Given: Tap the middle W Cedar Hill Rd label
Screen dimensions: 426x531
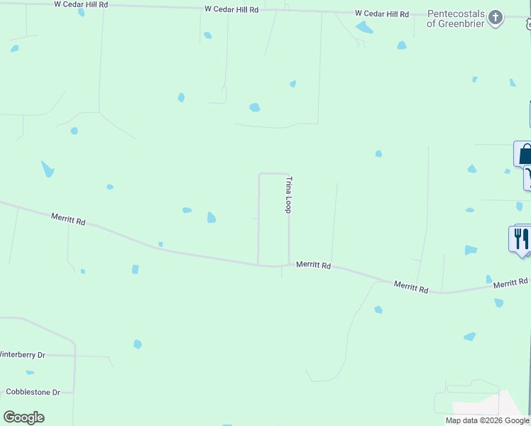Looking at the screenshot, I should click(231, 9).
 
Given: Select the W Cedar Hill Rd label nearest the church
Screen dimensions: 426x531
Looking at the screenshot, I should click(382, 13).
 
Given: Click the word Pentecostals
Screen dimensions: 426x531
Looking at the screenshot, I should click(457, 13).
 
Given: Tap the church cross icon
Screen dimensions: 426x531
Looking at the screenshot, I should click(496, 17).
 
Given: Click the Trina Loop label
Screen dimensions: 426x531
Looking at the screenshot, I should click(288, 195).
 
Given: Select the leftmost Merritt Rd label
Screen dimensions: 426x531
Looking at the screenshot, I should click(68, 219).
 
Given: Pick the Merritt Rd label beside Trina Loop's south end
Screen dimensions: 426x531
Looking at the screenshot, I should click(314, 266).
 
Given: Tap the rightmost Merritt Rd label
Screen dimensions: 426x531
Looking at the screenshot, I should click(511, 283).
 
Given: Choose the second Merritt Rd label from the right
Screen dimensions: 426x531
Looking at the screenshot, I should click(412, 287).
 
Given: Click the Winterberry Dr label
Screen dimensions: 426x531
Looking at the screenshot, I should click(21, 354).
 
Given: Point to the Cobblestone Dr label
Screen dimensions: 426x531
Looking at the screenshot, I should click(33, 392).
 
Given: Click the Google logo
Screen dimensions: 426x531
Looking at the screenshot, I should click(23, 417).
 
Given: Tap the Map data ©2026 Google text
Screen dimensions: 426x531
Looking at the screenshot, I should click(487, 420).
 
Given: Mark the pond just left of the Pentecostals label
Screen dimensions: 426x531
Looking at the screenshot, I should click(402, 45).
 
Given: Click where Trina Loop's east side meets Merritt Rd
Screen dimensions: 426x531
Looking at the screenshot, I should click(289, 264).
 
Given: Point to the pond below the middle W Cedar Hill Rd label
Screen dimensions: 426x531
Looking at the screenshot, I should click(207, 35).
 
